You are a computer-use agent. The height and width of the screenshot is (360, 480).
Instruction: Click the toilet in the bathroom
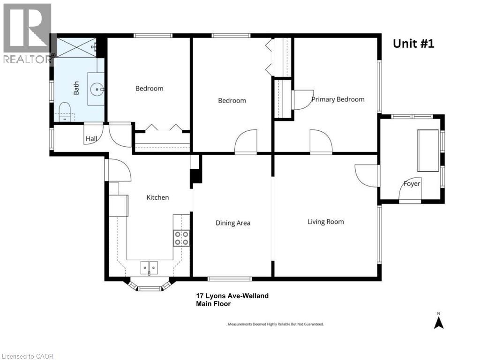pyautogui.click(x=64, y=112)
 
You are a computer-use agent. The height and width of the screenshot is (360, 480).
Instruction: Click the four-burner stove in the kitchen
pyautogui.click(x=181, y=238)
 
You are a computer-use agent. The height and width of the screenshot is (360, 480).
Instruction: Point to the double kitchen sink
pyautogui.click(x=150, y=267)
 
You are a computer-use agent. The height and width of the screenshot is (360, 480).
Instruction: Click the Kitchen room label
pyautogui.click(x=157, y=197)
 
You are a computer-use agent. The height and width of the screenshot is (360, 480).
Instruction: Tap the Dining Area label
pyautogui.click(x=232, y=223)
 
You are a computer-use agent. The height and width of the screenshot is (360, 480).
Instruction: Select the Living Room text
pyautogui.click(x=325, y=221)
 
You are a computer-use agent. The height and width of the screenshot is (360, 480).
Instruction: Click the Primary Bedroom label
pyautogui.click(x=337, y=99)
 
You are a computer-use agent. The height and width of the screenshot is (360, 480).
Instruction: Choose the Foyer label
pyautogui.click(x=412, y=184)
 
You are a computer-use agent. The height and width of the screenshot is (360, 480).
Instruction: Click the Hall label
pyautogui.click(x=91, y=139)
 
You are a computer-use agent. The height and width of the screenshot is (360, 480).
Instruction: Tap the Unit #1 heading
pyautogui.click(x=413, y=44)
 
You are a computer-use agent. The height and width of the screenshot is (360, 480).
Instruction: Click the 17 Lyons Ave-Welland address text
pyautogui.click(x=232, y=296)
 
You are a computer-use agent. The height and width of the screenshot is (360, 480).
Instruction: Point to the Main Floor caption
pyautogui.click(x=213, y=304)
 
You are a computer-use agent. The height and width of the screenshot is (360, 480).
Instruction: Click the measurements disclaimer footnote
pyautogui.click(x=275, y=324)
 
